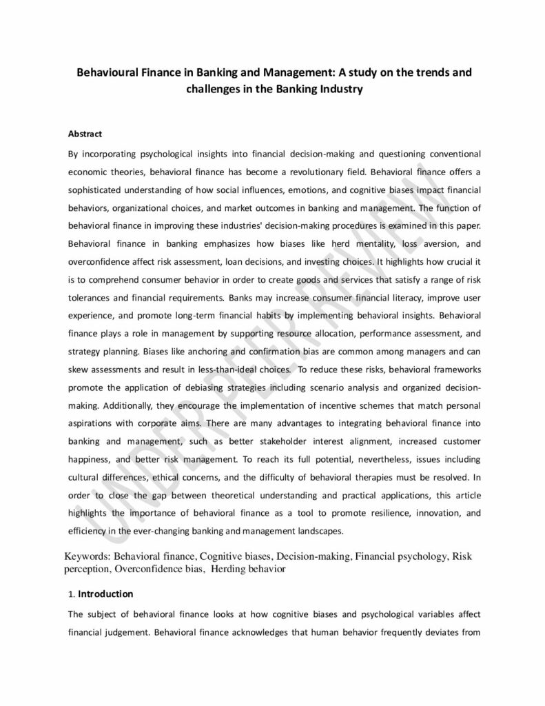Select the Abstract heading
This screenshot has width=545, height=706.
click(x=85, y=133)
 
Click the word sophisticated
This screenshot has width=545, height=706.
click(x=99, y=189)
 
